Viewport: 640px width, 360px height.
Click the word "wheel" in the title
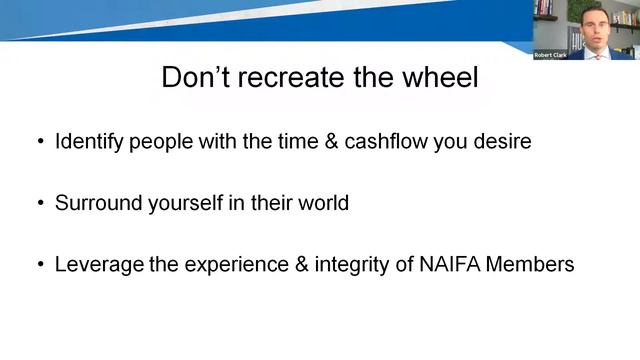pos(434,77)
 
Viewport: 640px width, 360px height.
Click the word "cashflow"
pos(386,142)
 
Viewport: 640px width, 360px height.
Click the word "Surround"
pos(96,203)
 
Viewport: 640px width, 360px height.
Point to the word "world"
pos(322,203)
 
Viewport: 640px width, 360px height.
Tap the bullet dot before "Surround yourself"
pos(40,203)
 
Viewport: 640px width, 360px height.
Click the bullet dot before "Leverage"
pos(40,265)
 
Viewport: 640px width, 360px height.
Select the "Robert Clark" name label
pos(549,55)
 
